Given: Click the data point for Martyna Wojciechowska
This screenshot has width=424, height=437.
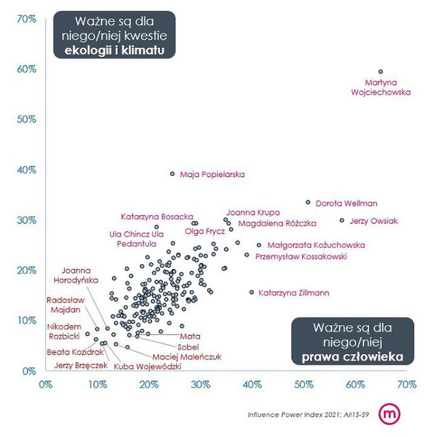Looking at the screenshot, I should (x=381, y=72).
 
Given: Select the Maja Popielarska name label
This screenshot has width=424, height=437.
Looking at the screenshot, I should (x=212, y=175).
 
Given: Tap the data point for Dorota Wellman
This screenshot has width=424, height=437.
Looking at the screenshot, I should (x=308, y=202).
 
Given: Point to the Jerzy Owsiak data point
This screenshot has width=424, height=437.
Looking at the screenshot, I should (x=342, y=220).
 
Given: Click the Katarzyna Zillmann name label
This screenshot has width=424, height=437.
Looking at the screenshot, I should (x=294, y=293).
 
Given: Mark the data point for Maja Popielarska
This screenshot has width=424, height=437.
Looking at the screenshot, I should (x=172, y=174).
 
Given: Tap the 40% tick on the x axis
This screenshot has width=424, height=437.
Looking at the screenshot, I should (x=252, y=384).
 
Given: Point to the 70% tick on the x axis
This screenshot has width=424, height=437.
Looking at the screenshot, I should (x=407, y=384).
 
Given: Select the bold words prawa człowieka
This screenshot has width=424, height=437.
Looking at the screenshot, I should (x=353, y=355).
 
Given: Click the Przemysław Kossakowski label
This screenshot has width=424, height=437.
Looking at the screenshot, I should (x=301, y=257).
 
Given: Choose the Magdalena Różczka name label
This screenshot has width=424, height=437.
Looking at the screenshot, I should (x=277, y=224).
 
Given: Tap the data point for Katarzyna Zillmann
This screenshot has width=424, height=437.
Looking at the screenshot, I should (x=252, y=292).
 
